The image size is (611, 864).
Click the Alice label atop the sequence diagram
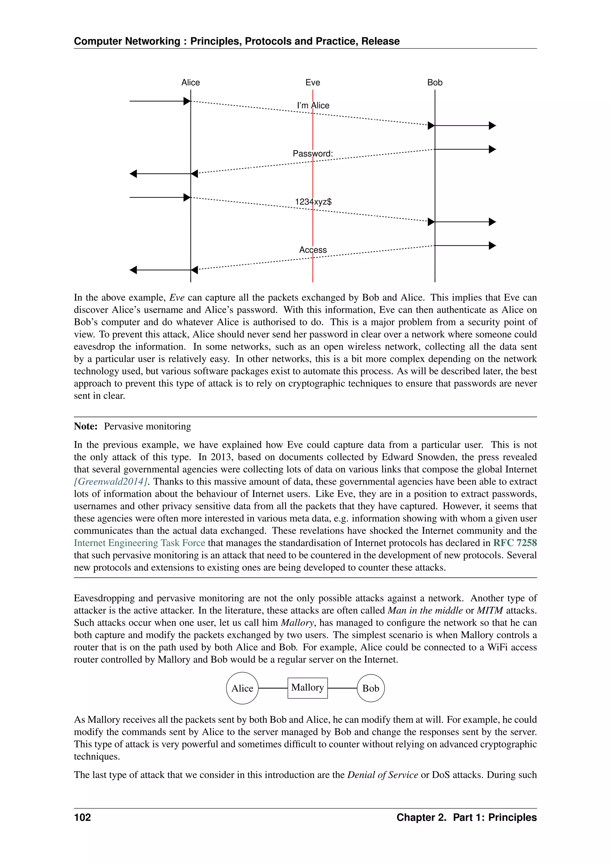coord(190,82)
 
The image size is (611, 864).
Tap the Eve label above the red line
coord(313,82)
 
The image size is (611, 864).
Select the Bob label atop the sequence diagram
coord(435,82)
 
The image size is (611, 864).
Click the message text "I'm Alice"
coord(313,105)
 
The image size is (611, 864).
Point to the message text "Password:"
coord(313,154)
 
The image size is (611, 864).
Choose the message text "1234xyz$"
coord(313,202)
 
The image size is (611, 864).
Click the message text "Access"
coord(313,250)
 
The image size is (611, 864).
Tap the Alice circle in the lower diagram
coord(242,688)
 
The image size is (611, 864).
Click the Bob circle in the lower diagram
coord(371,688)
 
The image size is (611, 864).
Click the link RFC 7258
coord(515,543)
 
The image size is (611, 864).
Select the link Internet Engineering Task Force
coord(139,543)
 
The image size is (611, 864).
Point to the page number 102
coord(82,817)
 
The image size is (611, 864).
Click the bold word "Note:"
coord(85,426)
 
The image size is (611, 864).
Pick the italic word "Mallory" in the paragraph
coord(297,623)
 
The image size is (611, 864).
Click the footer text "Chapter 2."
coord(421,817)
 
